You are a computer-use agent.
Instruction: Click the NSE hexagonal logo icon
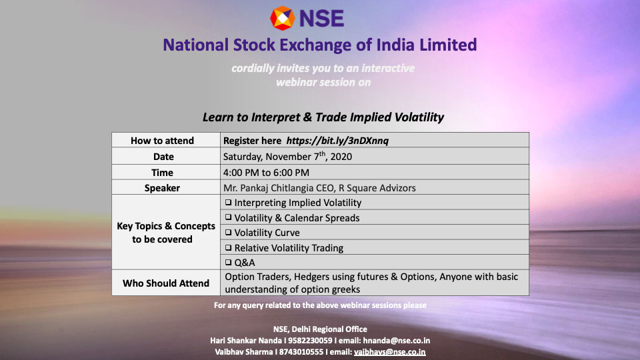click(282, 19)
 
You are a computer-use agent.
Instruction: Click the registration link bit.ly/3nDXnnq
click(337, 141)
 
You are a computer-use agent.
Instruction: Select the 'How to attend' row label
click(162, 141)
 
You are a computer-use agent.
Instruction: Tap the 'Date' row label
click(163, 157)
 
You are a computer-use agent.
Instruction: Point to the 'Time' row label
click(162, 173)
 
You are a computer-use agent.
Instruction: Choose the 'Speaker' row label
click(162, 188)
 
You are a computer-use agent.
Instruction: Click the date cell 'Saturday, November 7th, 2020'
click(287, 156)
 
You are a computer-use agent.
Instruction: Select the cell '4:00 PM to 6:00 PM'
click(266, 173)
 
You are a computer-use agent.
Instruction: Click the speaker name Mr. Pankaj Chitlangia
click(271, 188)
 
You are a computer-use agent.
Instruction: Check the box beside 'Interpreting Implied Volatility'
click(228, 203)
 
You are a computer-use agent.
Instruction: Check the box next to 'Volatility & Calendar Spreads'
click(228, 217)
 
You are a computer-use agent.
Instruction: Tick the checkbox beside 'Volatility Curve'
click(228, 232)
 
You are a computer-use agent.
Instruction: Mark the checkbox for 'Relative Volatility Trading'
click(228, 247)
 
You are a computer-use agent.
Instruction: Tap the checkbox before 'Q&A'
click(228, 262)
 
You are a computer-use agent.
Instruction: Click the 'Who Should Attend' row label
click(166, 283)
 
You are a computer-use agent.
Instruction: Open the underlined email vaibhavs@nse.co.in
click(389, 352)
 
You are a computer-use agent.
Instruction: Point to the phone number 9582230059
click(310, 341)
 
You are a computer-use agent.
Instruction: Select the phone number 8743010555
click(301, 352)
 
